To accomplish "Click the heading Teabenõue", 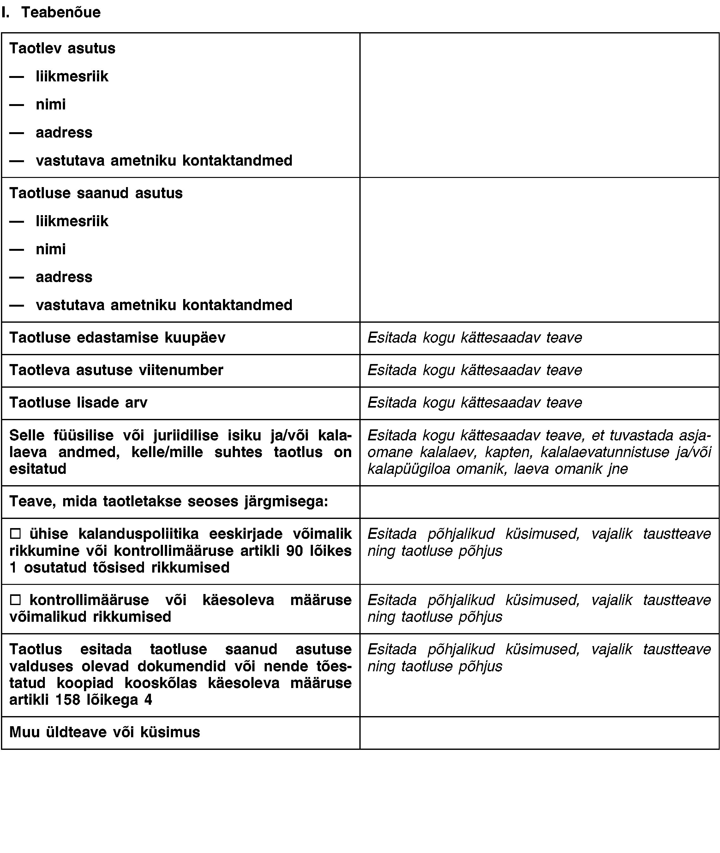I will point(61,12).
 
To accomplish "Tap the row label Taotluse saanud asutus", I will point(96,193).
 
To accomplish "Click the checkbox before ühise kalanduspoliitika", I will point(15,533).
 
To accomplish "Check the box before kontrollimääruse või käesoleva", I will point(15,600).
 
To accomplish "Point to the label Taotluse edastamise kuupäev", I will point(117,338).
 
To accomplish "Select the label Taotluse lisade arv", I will point(78,403).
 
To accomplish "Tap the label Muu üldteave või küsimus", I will point(105,732).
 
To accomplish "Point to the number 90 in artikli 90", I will point(294,550).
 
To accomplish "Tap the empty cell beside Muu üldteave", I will point(539,732).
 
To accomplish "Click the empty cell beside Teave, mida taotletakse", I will point(539,502).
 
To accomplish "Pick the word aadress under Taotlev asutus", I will point(64,132).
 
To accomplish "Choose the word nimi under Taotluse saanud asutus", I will point(51,249).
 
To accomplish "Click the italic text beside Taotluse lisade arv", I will point(475,403).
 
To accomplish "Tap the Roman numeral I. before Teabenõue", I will point(5,12).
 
